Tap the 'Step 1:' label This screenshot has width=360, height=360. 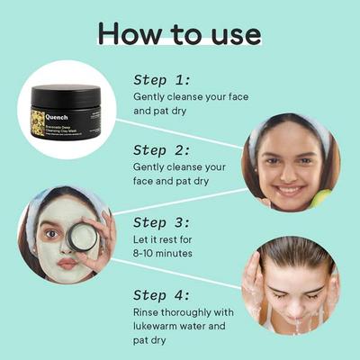click(162, 78)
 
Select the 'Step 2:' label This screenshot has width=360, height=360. click(163, 149)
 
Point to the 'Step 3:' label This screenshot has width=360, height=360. click(163, 221)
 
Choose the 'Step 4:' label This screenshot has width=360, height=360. click(163, 294)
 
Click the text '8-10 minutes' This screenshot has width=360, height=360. click(170, 255)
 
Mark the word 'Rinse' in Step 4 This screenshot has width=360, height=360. click(149, 313)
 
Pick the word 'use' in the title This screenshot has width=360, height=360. click(229, 33)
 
